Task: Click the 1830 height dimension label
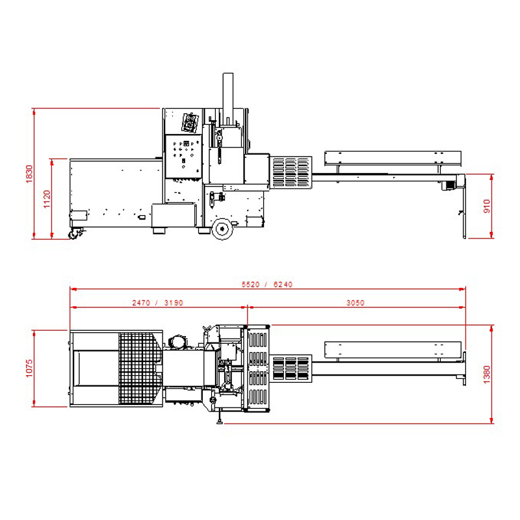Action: [x=29, y=174]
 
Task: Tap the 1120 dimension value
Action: [x=47, y=199]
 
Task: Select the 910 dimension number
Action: [x=486, y=206]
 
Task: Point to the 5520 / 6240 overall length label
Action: [x=267, y=284]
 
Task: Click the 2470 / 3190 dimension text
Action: [x=157, y=302]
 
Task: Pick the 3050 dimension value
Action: [x=355, y=302]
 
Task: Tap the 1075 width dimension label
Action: [x=29, y=368]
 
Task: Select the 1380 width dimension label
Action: [x=486, y=374]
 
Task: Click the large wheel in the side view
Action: [x=222, y=229]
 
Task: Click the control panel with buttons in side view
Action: [x=183, y=156]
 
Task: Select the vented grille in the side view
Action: [x=291, y=172]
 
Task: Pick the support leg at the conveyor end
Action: [x=464, y=207]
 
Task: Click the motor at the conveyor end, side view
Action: [x=448, y=185]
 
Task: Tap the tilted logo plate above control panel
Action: [x=190, y=122]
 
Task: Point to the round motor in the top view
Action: [x=177, y=342]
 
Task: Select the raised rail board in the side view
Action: [x=393, y=158]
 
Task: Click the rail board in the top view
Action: [x=393, y=350]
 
